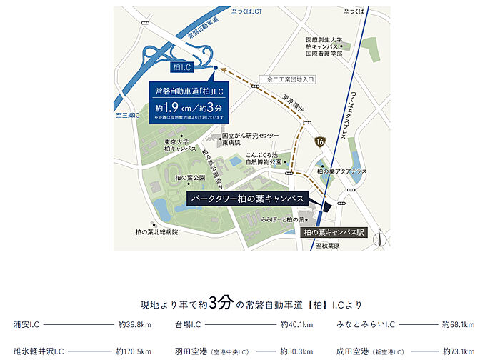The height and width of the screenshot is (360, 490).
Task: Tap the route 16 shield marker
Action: (319, 143)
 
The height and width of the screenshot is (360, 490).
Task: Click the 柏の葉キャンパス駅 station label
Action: (332, 232)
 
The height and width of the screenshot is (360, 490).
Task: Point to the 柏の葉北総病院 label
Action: (149, 232)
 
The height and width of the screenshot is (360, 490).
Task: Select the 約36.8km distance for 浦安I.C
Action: (134, 325)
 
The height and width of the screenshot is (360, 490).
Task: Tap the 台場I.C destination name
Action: (187, 325)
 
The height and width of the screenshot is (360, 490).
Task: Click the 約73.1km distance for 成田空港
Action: (458, 351)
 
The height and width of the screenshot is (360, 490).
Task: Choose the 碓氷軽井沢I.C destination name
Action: (39, 351)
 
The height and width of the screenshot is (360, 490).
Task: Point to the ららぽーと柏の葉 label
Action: (284, 219)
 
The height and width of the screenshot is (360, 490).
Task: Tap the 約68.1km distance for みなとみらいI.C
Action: (458, 325)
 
